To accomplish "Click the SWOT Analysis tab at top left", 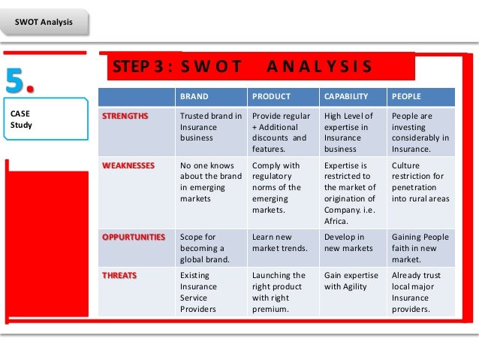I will pos(44,22).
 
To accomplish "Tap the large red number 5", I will pos(23,80).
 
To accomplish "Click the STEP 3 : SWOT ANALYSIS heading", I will pos(242,66).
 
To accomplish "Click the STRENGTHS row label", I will pos(125,116).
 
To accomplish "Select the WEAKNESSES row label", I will pos(128,165).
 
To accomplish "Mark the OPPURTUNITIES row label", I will pos(134,237).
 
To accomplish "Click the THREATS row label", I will pos(119,275).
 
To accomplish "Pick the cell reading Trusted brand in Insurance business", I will pos(210,128).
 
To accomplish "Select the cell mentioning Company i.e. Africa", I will pos(352,192).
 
